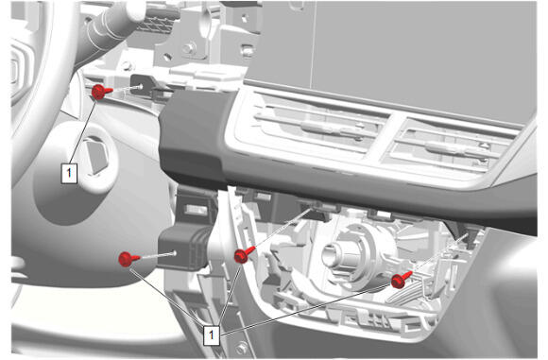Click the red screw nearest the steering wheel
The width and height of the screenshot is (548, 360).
click(101, 92)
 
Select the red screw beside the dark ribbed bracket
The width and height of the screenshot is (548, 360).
click(128, 259)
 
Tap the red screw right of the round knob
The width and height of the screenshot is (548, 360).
click(401, 280)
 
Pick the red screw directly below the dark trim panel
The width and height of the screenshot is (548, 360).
click(244, 255)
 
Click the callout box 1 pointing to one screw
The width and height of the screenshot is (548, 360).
click(69, 173)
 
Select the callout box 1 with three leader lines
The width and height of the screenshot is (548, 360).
click(212, 334)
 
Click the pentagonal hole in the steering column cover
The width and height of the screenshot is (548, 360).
click(95, 155)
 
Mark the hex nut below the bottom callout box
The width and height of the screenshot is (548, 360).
click(242, 348)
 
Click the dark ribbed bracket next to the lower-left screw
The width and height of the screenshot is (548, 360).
click(182, 247)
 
